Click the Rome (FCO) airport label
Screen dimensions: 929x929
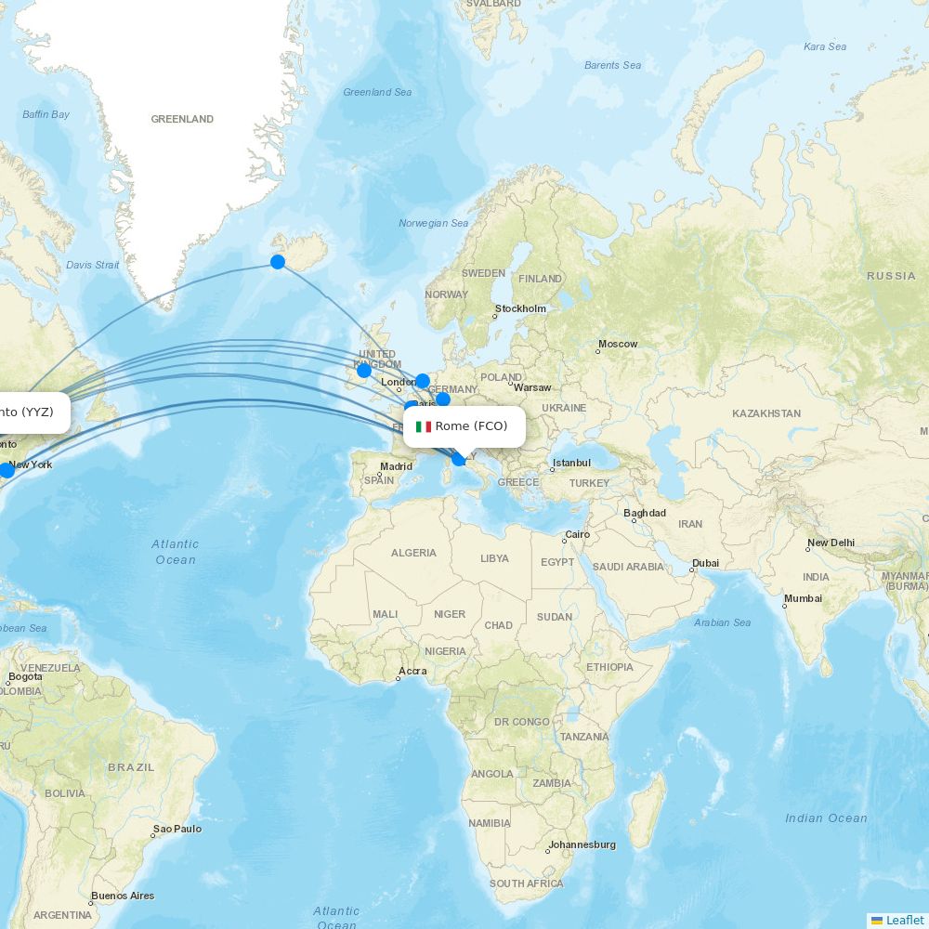tap(471, 426)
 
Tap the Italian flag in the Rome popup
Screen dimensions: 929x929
tap(424, 426)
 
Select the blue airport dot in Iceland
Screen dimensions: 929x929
tap(278, 262)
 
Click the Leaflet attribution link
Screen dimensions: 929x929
tap(904, 920)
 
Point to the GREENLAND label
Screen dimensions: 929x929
tap(182, 119)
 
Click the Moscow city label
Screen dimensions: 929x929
tap(618, 344)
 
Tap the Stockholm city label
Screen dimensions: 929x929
tap(520, 308)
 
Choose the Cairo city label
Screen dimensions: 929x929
tap(577, 534)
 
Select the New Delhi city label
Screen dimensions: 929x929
tap(831, 543)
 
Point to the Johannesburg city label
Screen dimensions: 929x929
tap(582, 844)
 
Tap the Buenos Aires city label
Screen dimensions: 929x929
tap(123, 896)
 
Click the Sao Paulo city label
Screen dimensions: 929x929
tap(177, 829)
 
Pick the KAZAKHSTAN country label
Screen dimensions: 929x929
tap(765, 413)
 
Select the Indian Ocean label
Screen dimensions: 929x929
tap(826, 818)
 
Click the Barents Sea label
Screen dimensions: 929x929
tap(612, 65)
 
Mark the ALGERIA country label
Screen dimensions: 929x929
tap(413, 553)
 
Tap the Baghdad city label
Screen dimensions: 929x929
tap(645, 513)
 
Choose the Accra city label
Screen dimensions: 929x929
tap(412, 671)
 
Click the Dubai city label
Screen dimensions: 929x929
tap(705, 562)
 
